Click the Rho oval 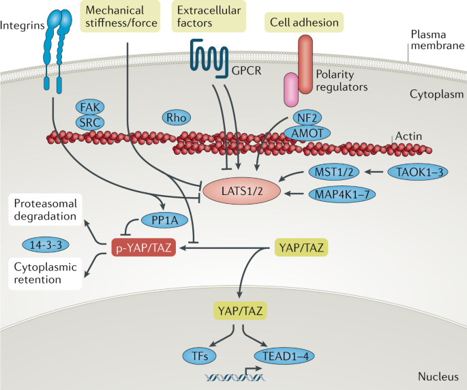(x=176, y=118)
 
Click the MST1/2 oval (x=331, y=170)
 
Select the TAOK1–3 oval (x=417, y=170)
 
